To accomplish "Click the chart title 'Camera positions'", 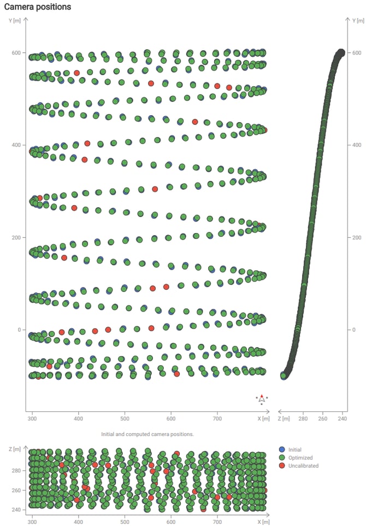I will point(38,7).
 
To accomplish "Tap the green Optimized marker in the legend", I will point(281,458).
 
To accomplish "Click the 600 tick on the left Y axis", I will point(16,53).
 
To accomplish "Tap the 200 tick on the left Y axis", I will point(16,237).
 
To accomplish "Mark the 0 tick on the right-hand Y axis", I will point(353,330).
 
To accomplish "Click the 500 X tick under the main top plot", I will point(125,419).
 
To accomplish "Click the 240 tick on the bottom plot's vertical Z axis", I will point(16,510).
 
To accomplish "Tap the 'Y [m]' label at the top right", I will point(358,20).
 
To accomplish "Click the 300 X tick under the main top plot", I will point(32,419).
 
